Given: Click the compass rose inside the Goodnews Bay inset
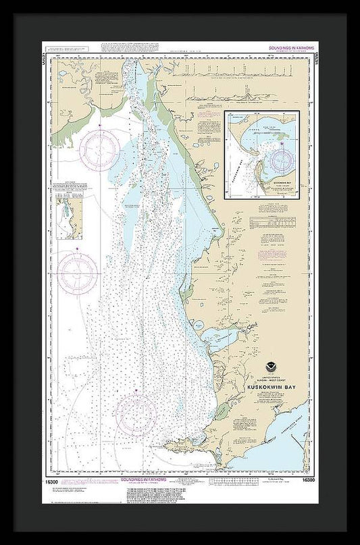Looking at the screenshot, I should (x=282, y=160).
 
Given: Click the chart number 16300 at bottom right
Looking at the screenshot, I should (x=308, y=479).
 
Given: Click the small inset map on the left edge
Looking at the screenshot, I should (x=70, y=217).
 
